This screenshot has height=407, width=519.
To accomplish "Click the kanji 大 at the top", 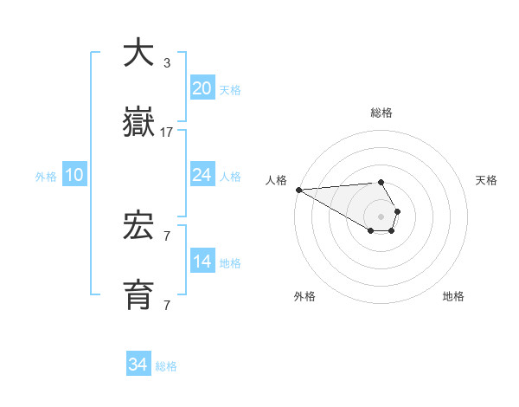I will click(139, 53).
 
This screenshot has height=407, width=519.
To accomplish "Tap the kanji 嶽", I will click(139, 124).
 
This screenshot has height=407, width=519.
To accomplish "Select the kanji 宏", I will click(139, 226).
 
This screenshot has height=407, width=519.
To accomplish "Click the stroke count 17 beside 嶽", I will click(167, 132).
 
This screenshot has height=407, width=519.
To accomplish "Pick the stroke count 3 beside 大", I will click(167, 63).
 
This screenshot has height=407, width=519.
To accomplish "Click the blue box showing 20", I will click(202, 87).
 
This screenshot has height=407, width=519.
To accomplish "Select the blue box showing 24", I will click(202, 175).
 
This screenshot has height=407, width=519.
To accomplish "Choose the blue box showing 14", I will click(202, 262).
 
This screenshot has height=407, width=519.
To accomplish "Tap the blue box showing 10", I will click(74, 175).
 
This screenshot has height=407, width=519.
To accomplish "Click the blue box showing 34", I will click(138, 365).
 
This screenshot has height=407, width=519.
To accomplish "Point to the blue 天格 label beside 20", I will click(230, 89).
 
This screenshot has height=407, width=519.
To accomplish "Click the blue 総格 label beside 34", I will click(167, 366).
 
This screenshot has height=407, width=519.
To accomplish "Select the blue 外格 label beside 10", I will click(46, 177).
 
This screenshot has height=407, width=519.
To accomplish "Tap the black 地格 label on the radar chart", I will click(453, 296).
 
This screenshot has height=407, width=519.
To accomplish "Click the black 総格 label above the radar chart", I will click(381, 113).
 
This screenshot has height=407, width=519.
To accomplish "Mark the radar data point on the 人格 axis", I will click(298, 190).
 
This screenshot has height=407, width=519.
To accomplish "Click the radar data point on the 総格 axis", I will click(381, 182).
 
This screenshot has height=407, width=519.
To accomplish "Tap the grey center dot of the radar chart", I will click(381, 216).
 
